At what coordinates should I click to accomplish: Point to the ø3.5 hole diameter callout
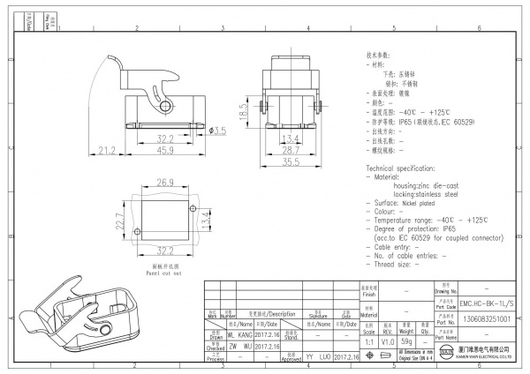(x=217, y=131)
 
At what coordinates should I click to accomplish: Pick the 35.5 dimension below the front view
(x=291, y=161)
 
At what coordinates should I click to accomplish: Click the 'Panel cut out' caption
(x=164, y=273)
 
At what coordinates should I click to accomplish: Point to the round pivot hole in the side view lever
(x=164, y=106)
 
